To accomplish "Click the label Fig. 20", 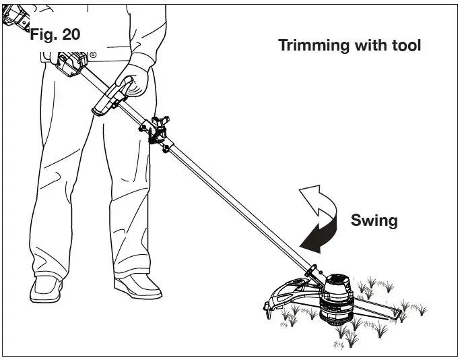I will pos(55,34).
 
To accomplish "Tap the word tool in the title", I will pos(405,46).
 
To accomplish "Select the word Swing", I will pos(374,220).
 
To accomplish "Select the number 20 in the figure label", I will pos(71,34).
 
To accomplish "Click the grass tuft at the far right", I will pos(420,309).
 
